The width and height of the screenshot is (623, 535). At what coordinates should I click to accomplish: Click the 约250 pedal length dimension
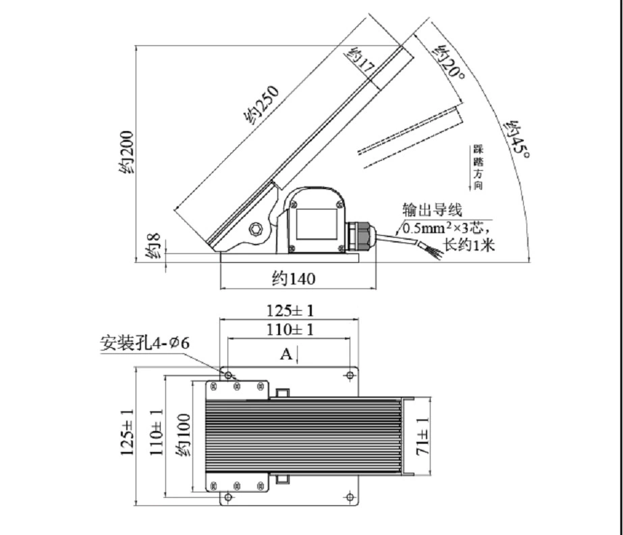click(261, 104)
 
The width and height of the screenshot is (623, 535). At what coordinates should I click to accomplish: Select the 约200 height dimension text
click(127, 153)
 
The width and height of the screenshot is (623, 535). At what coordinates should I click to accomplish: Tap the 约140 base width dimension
click(294, 278)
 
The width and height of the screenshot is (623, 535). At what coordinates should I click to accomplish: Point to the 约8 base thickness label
click(153, 246)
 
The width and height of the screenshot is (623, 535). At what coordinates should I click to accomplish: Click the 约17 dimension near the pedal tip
click(360, 60)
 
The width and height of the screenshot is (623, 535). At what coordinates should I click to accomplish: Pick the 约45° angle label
click(516, 139)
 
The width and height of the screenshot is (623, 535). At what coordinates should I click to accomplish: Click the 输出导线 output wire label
click(432, 209)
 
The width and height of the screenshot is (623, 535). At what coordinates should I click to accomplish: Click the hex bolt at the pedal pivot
click(255, 229)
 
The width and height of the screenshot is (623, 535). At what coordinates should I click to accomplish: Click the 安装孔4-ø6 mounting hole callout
click(145, 342)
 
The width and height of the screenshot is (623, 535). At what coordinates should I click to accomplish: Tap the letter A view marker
click(286, 353)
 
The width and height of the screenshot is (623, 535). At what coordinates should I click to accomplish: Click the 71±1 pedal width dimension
click(423, 436)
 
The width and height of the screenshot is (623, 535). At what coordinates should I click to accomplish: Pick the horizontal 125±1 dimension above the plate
click(290, 310)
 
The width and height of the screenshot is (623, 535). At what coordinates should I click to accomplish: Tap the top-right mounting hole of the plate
click(350, 375)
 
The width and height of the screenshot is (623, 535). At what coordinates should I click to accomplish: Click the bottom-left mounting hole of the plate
click(228, 496)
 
